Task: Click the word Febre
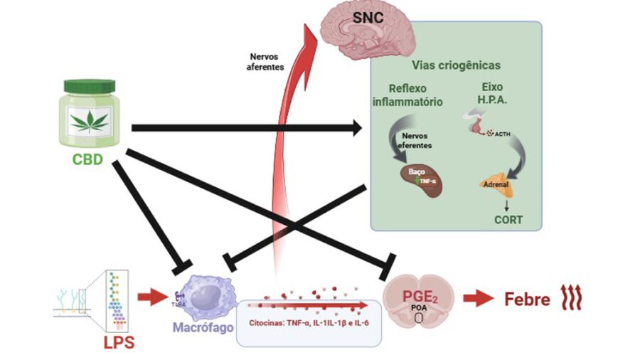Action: point(527,300)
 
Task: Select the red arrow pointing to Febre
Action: point(478,299)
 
